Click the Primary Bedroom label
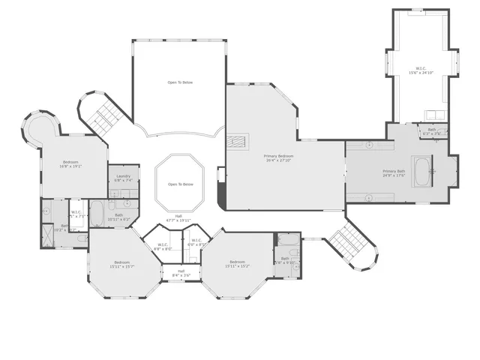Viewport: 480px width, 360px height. click(279, 157)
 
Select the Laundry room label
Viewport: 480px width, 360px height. click(123, 178)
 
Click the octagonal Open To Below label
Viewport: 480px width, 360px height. click(180, 184)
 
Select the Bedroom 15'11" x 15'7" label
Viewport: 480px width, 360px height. click(121, 264)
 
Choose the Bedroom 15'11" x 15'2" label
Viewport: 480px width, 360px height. click(238, 264)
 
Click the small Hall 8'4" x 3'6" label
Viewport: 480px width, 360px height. click(181, 274)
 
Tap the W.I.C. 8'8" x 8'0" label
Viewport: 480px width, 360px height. click(163, 246)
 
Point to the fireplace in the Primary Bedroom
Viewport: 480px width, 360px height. click(239, 140)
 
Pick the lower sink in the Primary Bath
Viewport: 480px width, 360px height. click(370, 198)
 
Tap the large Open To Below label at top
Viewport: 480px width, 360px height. click(180, 82)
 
